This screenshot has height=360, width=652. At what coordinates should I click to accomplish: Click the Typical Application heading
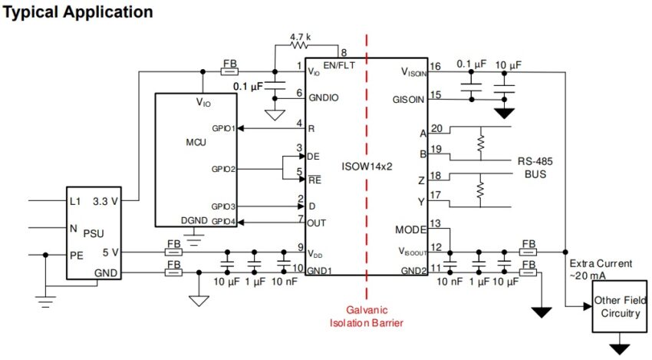pos(79,13)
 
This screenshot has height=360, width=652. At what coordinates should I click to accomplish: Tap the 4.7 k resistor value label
pos(300,37)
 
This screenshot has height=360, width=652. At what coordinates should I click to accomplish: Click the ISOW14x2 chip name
pos(368,163)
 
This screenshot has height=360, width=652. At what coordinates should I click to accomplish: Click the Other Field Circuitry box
pos(620,307)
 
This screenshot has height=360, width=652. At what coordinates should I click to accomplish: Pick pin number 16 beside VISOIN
pos(436,66)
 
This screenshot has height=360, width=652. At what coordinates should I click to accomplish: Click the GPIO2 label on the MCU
pos(224,167)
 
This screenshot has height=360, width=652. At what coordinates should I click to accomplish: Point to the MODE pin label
pos(410,229)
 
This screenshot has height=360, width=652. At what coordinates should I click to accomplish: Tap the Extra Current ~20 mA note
pos(601,269)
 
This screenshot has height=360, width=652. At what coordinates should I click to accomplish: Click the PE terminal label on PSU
pos(77,255)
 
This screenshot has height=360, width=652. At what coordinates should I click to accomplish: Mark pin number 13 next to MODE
pos(436,223)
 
